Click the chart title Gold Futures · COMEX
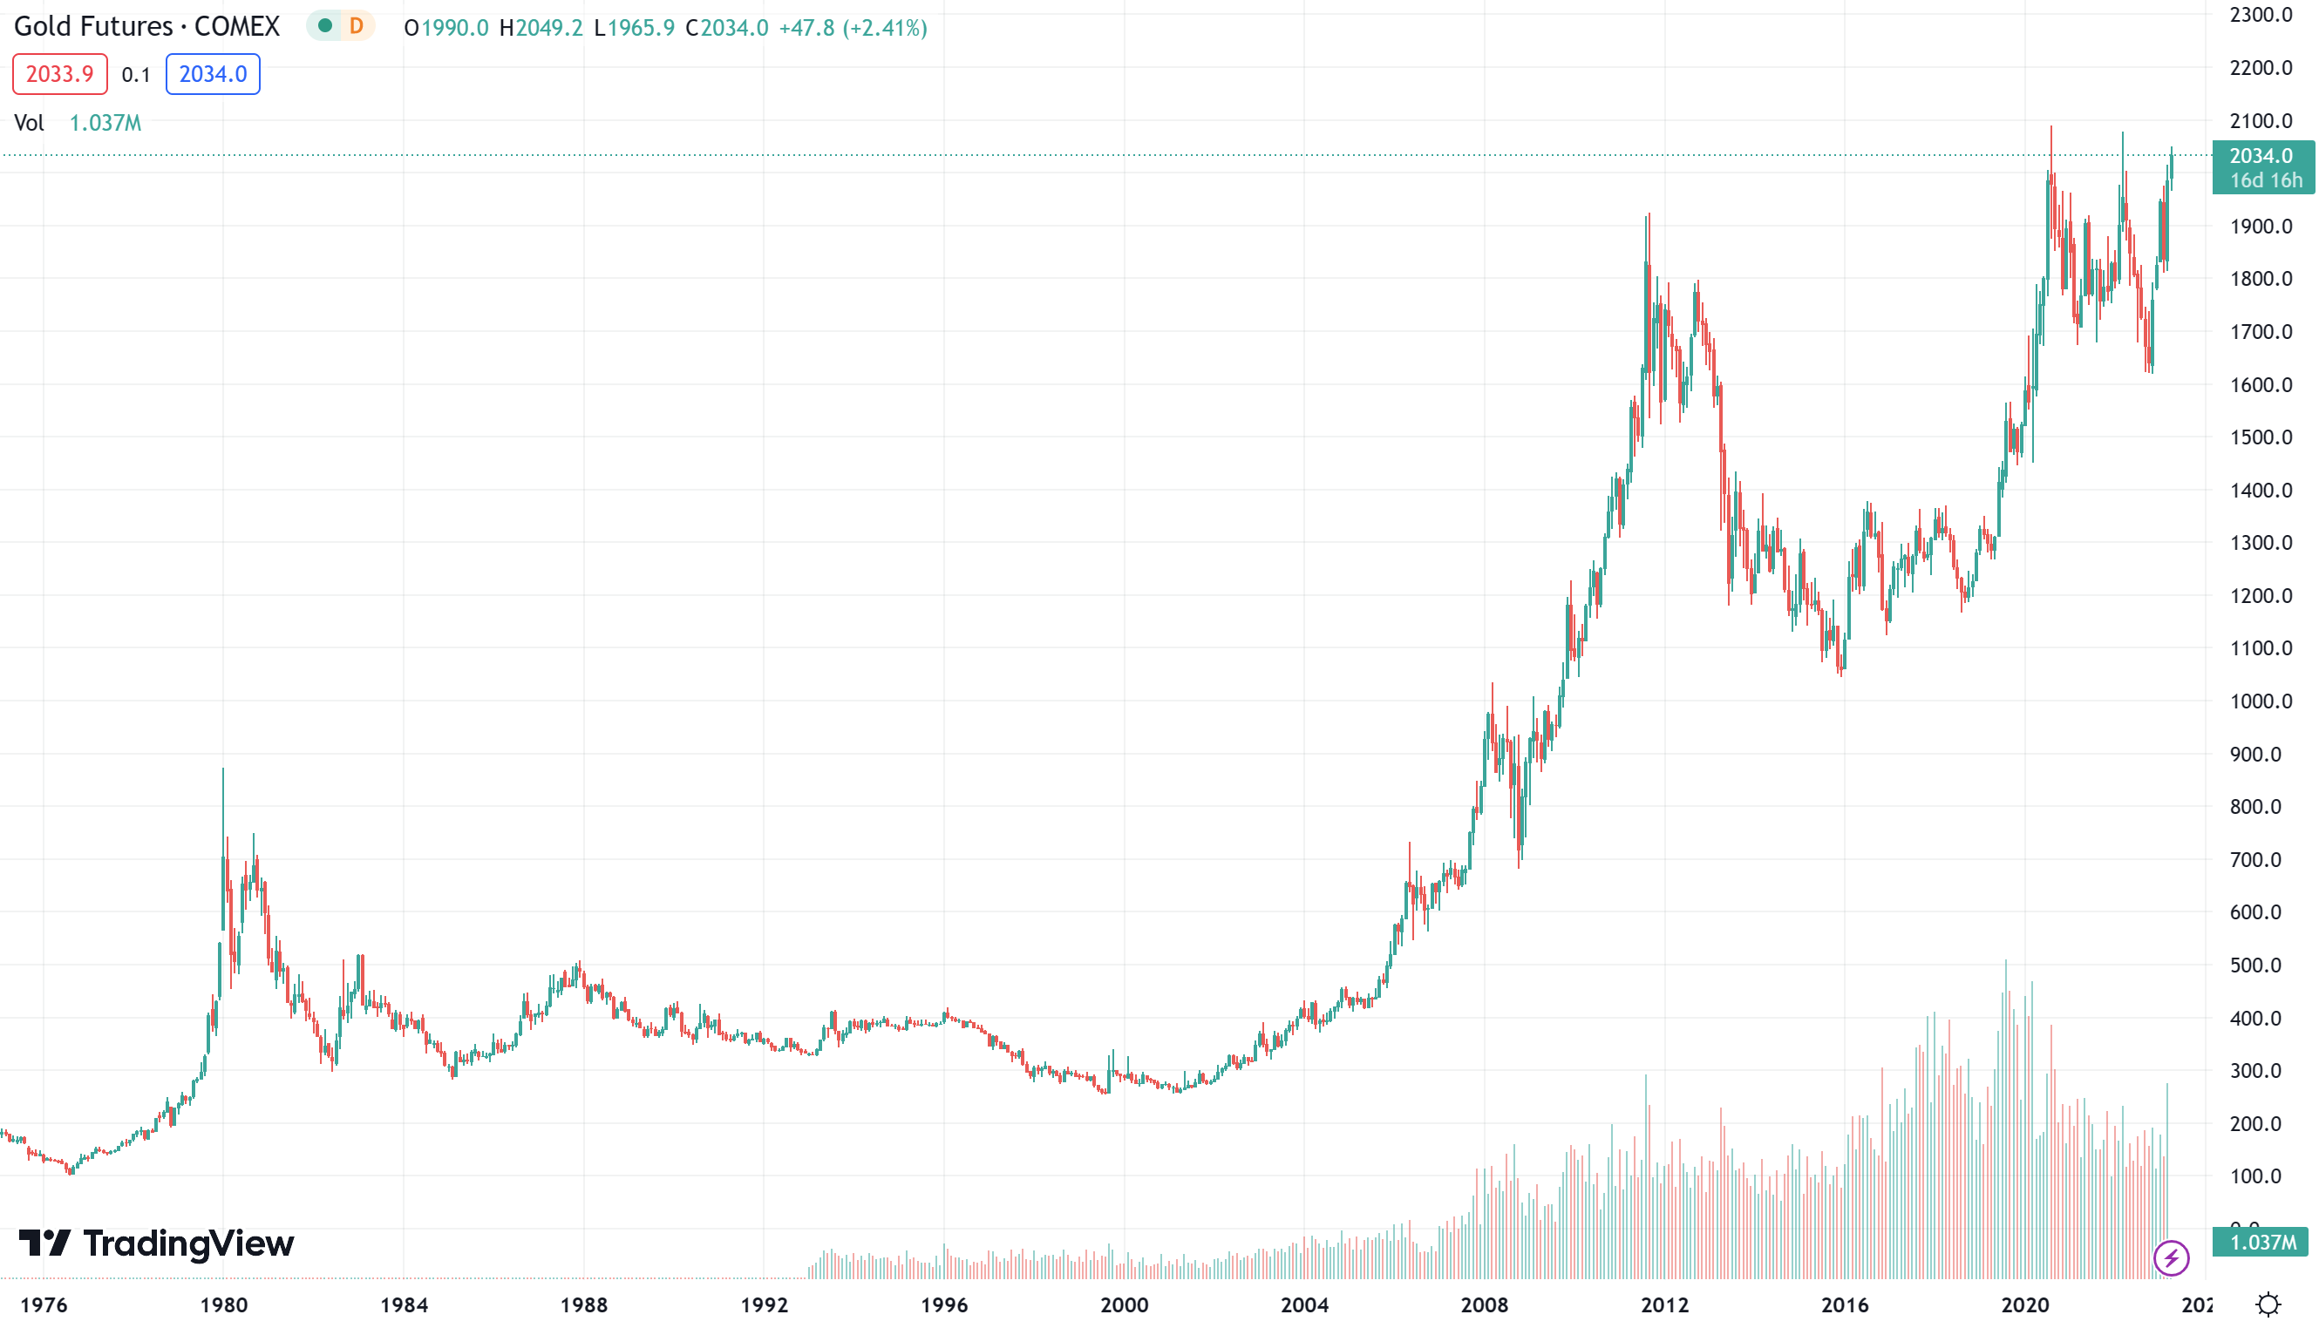tap(146, 26)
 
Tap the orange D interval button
tap(356, 26)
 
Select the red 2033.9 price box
tap(59, 74)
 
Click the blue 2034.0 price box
tap(213, 74)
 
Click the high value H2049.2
tap(540, 28)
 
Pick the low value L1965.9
tap(634, 28)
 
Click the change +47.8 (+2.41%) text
tap(852, 28)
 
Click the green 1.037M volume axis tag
tap(2261, 1243)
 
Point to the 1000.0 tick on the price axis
tap(2261, 701)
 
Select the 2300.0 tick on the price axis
tap(2261, 15)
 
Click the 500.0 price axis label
tap(2261, 965)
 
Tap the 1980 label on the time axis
tap(223, 1305)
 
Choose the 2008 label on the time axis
tap(1485, 1305)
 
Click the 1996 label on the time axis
tap(944, 1305)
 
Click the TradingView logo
tap(156, 1243)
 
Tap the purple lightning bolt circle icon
tap(2171, 1258)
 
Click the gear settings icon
tap(2268, 1304)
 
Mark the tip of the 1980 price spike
tap(222, 769)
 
